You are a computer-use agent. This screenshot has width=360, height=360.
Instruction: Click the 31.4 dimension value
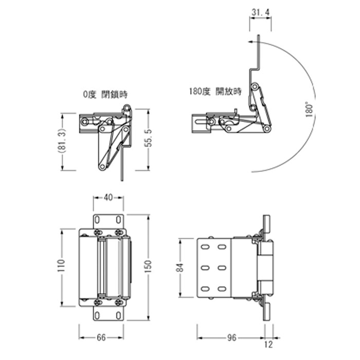260,12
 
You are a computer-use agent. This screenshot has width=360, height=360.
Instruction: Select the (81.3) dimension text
62,141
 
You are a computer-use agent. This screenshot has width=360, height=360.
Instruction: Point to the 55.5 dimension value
148,138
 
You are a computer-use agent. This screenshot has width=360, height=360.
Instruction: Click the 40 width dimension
108,197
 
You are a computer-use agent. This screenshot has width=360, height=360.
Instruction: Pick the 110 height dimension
61,266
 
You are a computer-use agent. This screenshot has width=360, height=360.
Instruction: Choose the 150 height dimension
149,266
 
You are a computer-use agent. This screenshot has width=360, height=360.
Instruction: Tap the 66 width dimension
101,337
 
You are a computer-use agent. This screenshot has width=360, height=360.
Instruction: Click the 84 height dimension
180,268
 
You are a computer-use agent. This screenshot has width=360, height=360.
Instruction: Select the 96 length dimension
231,337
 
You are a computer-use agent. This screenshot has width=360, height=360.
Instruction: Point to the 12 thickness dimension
268,345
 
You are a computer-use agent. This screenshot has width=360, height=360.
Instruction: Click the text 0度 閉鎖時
105,94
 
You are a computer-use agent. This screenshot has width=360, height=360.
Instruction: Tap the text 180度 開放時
215,92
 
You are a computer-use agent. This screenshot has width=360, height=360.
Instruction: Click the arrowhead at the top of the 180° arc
250,42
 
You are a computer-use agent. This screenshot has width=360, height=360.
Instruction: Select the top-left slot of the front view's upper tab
97,220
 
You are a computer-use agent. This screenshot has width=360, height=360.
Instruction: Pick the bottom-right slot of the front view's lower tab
118,316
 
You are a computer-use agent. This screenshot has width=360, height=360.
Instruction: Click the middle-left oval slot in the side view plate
205,268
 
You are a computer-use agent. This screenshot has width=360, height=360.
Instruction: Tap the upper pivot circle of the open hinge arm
255,87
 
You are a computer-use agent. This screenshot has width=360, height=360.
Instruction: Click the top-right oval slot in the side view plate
222,247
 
